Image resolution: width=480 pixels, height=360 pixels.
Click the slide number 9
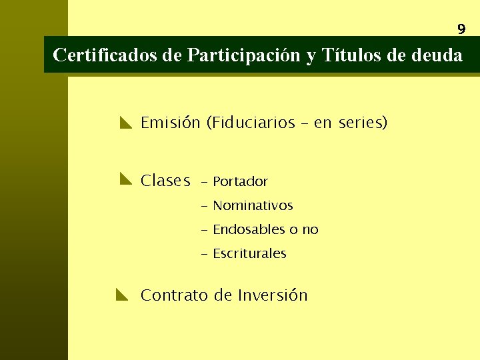(x=461, y=29)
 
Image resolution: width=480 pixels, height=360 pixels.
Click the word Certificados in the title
(x=105, y=55)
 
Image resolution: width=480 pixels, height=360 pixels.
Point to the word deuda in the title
(x=438, y=55)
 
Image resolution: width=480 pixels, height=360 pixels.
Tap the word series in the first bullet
(x=360, y=123)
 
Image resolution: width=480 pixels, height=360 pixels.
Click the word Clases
(x=165, y=181)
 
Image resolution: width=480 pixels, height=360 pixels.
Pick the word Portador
(x=240, y=181)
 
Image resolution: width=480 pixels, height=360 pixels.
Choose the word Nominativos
(x=253, y=205)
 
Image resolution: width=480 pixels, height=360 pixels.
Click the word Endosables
(x=249, y=229)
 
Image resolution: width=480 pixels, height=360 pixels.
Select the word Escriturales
(x=249, y=253)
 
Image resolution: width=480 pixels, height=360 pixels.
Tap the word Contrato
(x=175, y=295)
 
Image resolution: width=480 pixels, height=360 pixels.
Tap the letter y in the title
(x=311, y=57)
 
